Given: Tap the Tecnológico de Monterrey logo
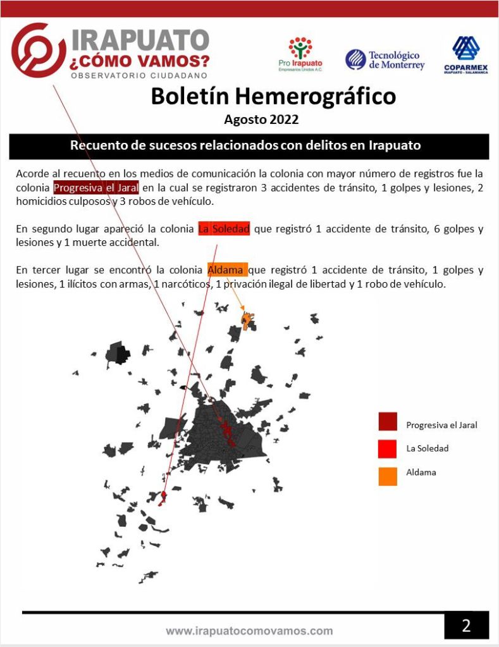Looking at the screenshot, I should (385, 60).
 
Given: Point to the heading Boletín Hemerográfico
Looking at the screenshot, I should (273, 96).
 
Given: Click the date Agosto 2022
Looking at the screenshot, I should (261, 119).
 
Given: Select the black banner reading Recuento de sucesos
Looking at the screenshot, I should (249, 145).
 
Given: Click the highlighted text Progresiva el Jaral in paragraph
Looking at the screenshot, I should (96, 188).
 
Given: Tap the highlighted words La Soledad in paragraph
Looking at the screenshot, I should (224, 229).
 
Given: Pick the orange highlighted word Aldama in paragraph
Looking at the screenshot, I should (227, 270).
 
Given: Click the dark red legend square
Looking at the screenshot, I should (388, 422).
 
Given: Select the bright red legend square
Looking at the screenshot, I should (388, 448).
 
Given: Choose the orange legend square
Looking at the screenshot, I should (388, 476).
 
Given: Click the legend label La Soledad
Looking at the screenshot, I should (427, 448).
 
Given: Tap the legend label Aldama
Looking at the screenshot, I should (421, 472).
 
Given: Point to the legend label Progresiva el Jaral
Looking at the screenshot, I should (441, 425).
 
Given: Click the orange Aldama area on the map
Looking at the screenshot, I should (248, 321).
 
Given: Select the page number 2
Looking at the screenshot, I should (466, 626).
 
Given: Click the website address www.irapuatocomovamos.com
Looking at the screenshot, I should (249, 631).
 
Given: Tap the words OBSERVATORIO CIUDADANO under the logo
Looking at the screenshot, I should (139, 75).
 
